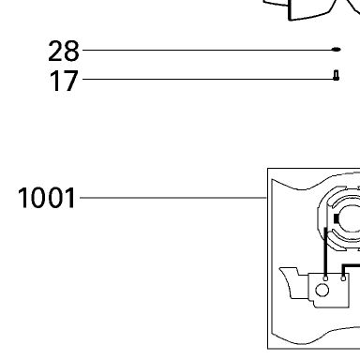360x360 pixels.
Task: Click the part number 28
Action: [64, 51]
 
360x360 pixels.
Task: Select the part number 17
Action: [64, 81]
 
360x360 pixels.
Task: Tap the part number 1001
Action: [47, 198]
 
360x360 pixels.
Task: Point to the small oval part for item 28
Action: [336, 50]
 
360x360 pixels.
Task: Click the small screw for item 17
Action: [336, 75]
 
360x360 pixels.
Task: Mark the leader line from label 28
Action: [207, 50]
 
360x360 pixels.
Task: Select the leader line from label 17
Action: [208, 80]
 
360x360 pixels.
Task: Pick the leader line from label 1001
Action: [173, 198]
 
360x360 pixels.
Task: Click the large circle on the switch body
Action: [322, 291]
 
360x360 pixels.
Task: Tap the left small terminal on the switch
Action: [325, 278]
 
